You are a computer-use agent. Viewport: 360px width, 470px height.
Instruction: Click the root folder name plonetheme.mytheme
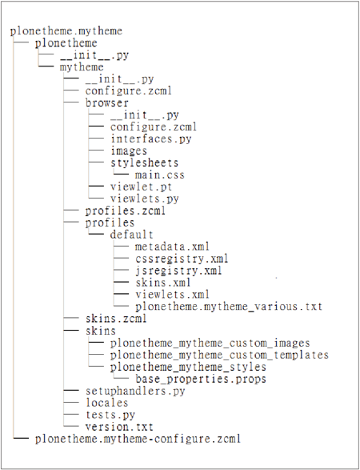(x=66, y=31)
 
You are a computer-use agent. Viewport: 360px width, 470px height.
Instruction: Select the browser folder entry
(x=107, y=102)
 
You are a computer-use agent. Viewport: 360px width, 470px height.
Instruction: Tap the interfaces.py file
(x=151, y=139)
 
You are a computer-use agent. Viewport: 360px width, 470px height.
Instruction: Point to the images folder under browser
(x=129, y=151)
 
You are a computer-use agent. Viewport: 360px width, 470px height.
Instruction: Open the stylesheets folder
(x=144, y=163)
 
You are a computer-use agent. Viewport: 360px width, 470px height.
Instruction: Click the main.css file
(x=160, y=175)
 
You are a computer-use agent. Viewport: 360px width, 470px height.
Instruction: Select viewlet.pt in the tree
(x=142, y=187)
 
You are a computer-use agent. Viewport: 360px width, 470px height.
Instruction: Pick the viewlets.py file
(x=145, y=199)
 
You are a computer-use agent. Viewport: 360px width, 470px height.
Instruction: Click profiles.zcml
(x=125, y=211)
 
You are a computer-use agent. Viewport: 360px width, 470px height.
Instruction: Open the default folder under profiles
(x=132, y=235)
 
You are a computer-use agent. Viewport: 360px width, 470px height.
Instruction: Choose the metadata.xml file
(x=172, y=247)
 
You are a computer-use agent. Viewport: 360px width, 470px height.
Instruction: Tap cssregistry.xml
(x=182, y=259)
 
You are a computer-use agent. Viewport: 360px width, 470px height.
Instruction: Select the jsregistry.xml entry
(x=178, y=271)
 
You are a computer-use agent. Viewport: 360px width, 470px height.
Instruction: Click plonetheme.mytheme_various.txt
(x=229, y=307)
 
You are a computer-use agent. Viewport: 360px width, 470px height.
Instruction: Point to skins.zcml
(x=116, y=319)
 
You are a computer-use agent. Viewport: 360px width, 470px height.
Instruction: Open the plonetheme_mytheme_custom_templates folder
(x=219, y=355)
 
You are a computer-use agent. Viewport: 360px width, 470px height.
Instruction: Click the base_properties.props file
(x=201, y=379)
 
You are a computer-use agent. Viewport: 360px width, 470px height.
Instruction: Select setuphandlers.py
(x=135, y=391)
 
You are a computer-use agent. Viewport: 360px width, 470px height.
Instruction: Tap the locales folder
(x=107, y=403)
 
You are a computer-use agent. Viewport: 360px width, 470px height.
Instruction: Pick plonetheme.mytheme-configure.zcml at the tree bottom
(x=138, y=439)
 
